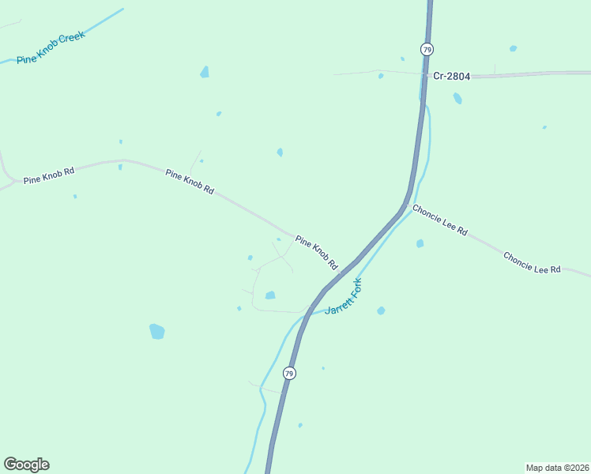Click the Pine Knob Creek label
click(51, 48)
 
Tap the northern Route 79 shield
click(427, 49)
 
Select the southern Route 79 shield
click(289, 373)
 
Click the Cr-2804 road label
click(451, 77)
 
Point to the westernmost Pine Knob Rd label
click(49, 175)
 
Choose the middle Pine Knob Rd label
click(190, 182)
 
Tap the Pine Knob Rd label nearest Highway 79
click(316, 252)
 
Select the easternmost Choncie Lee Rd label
click(532, 263)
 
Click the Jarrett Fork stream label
click(344, 297)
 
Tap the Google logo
click(26, 465)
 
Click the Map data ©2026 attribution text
click(557, 467)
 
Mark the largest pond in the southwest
click(156, 331)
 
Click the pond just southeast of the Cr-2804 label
click(457, 99)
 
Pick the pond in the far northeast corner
click(513, 49)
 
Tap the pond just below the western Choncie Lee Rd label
click(420, 243)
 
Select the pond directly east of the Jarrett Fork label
click(381, 310)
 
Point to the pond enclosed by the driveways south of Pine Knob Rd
click(270, 295)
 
